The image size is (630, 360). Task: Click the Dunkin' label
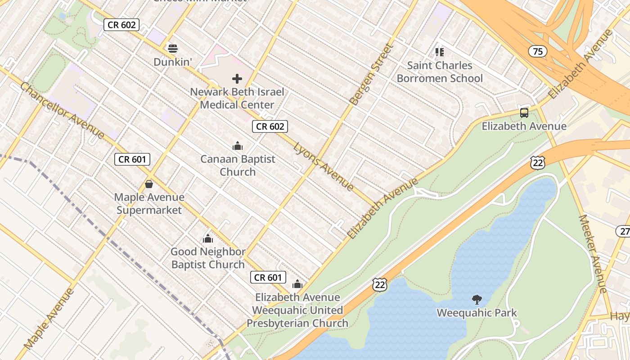tap(173, 62)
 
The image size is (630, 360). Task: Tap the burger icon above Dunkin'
tap(173, 48)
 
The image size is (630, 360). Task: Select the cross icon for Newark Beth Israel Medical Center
tap(237, 79)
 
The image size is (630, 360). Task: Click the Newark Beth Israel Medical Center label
tap(237, 98)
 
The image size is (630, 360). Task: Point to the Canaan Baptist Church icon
tap(238, 146)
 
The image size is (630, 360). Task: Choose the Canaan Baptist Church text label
tap(238, 165)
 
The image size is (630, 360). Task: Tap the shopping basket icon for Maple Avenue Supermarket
tap(149, 184)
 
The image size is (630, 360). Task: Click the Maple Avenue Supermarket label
tap(149, 203)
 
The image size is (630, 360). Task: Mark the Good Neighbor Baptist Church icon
tap(208, 238)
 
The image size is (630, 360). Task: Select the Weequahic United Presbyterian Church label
tap(297, 317)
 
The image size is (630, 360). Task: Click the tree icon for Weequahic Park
tap(477, 299)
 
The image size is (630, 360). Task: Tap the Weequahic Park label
tap(477, 312)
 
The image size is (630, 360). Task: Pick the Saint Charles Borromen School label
tap(440, 72)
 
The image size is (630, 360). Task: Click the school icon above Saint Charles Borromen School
tap(440, 52)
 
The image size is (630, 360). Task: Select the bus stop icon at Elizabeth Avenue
tap(524, 112)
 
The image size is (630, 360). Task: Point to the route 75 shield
tap(538, 51)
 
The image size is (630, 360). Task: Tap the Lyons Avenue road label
tap(323, 166)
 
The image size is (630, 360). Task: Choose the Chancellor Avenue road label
tap(62, 110)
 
